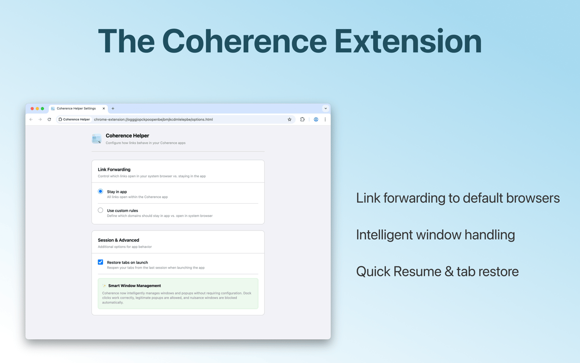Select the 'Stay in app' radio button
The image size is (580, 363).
click(x=101, y=191)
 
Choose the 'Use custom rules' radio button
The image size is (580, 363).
click(x=101, y=210)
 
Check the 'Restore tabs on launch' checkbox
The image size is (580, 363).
click(x=101, y=262)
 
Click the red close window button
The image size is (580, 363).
click(x=32, y=108)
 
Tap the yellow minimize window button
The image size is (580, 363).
click(x=37, y=108)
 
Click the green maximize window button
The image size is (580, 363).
click(x=43, y=108)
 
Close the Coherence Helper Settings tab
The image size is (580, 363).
click(x=103, y=108)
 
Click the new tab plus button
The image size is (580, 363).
click(x=113, y=108)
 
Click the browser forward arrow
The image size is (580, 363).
click(x=40, y=120)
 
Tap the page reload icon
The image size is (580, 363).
click(x=49, y=120)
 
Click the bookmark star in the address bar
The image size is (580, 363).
click(x=290, y=120)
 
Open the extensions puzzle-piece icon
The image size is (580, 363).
click(x=302, y=120)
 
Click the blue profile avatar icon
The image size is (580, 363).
click(x=316, y=120)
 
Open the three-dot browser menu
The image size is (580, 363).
click(x=325, y=120)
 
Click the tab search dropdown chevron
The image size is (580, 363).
click(x=325, y=108)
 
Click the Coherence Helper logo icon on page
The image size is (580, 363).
click(x=97, y=139)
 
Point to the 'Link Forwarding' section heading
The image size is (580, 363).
click(x=114, y=169)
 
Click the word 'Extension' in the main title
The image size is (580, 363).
click(x=408, y=42)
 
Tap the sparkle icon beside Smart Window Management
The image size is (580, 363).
click(x=104, y=286)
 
